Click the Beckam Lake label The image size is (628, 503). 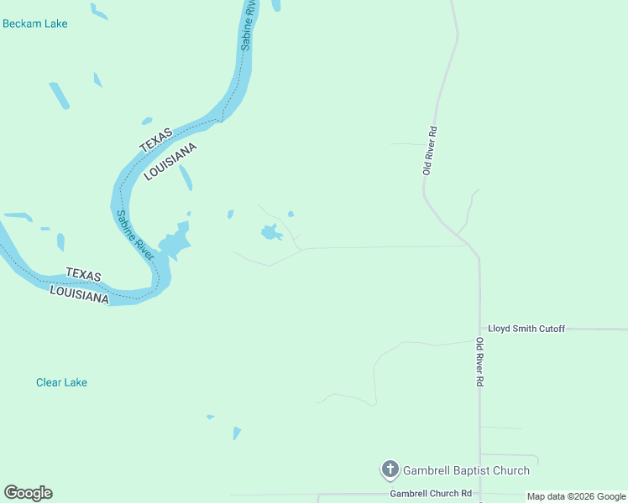[x=34, y=23]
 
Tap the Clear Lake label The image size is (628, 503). [x=61, y=382]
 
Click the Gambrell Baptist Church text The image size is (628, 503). [x=466, y=470]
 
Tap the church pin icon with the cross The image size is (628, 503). [x=390, y=469]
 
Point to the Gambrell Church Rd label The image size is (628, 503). [x=431, y=494]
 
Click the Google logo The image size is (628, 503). [x=28, y=493]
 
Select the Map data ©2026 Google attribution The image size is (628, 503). [x=576, y=496]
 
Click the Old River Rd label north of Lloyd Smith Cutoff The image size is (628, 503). [x=430, y=150]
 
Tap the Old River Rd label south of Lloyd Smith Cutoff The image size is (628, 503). [x=479, y=361]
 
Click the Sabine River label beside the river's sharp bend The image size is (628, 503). [x=135, y=235]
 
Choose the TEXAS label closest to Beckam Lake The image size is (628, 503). [x=155, y=139]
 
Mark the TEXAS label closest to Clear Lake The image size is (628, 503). [x=83, y=275]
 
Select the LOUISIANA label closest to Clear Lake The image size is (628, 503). [x=79, y=293]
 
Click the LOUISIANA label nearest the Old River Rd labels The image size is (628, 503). [x=170, y=161]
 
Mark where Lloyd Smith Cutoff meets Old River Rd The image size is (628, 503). [x=479, y=329]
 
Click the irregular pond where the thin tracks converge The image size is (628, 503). [x=270, y=232]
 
